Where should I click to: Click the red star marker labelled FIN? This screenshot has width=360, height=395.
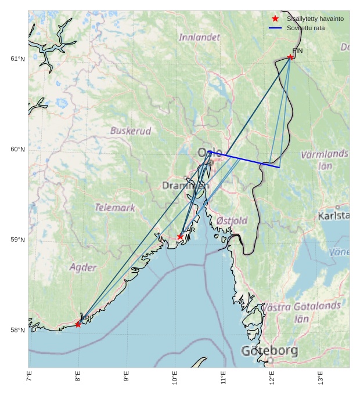(290, 57)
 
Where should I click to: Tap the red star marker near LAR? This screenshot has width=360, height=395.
(180, 237)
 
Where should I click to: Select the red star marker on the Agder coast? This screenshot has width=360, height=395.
(78, 324)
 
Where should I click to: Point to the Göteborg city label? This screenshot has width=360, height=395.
(269, 351)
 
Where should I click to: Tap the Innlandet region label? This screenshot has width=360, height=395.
(199, 37)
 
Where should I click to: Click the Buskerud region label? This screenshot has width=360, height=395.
(131, 131)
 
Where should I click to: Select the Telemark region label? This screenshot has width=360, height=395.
(115, 207)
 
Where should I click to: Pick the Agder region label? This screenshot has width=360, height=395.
(83, 267)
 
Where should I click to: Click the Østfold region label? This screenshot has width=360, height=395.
(232, 221)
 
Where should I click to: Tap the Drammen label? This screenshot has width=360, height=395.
(182, 186)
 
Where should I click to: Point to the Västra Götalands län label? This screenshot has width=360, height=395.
(302, 312)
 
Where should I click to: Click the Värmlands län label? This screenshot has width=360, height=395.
(325, 160)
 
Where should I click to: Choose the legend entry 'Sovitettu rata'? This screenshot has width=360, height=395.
(305, 28)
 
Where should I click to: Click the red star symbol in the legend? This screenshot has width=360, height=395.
(275, 19)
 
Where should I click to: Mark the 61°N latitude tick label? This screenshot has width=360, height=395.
(17, 59)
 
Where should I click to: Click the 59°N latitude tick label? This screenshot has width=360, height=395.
(17, 240)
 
